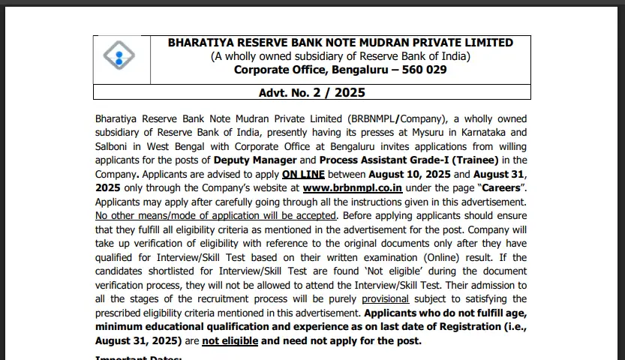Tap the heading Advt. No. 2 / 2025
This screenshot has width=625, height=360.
point(311,93)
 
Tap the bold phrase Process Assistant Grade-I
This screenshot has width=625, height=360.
point(383,160)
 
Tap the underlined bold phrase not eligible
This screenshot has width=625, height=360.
point(230,341)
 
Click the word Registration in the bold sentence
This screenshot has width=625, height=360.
point(455,327)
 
